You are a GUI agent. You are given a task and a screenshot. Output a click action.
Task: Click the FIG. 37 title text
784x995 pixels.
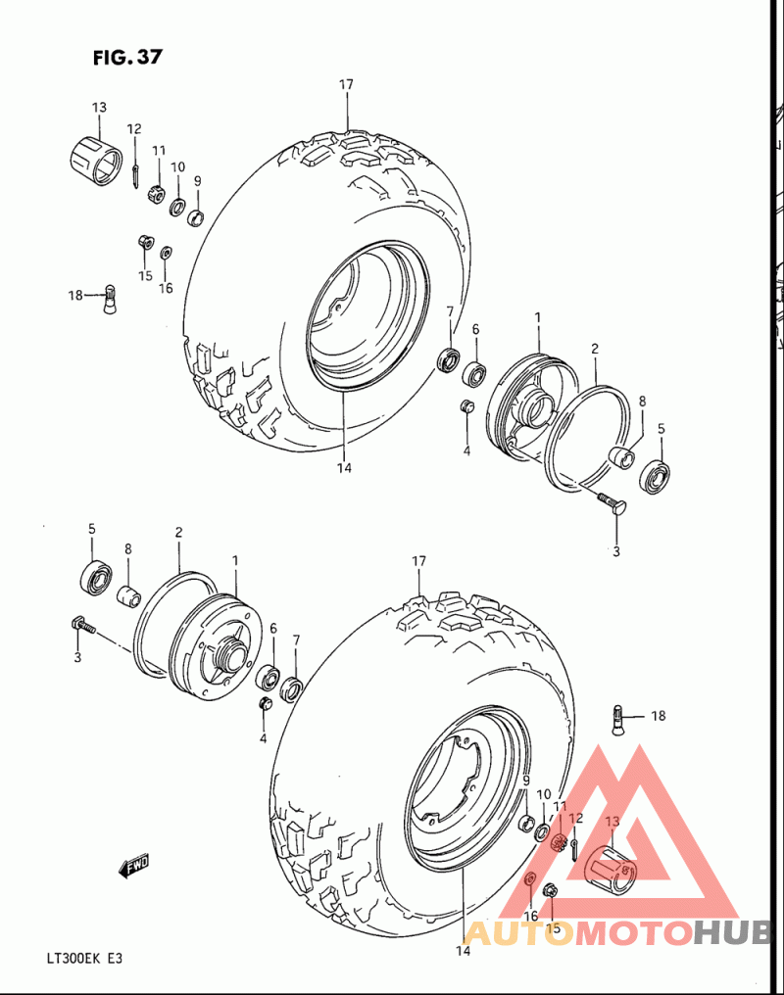pos(127,57)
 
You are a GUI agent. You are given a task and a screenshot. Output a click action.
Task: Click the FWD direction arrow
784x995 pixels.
pos(134,865)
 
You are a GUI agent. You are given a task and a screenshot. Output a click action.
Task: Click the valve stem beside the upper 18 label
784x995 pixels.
pos(111,299)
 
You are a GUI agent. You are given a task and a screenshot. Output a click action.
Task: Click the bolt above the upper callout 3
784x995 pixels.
pos(612,504)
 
